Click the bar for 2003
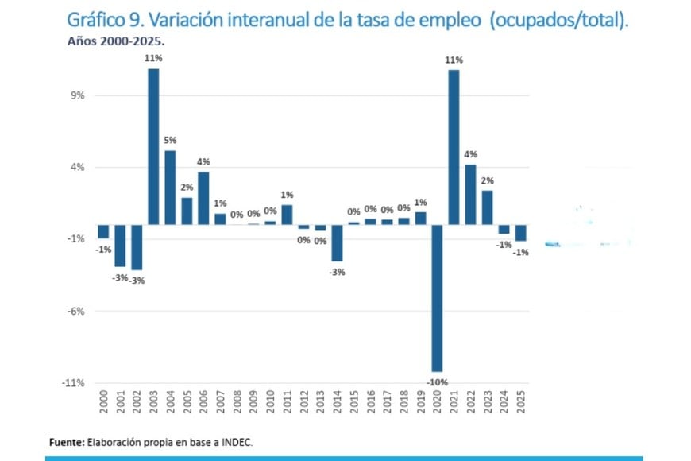(153, 146)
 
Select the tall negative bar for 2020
(437, 298)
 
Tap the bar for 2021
(454, 147)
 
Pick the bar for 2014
(337, 242)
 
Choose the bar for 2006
(203, 198)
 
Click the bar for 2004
(170, 188)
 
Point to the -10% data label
(436, 382)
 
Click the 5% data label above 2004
(170, 141)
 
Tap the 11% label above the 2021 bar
(454, 60)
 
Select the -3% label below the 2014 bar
(337, 272)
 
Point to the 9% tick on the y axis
(79, 95)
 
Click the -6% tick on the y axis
(77, 311)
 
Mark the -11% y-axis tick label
(75, 382)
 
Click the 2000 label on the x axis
(103, 400)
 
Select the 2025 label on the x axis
(521, 400)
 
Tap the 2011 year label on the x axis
(288, 400)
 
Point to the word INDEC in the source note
(236, 441)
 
